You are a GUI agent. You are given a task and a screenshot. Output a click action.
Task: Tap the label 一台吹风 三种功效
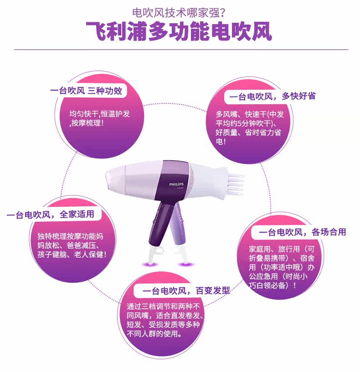86,91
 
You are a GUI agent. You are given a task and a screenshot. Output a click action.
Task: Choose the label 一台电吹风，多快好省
272,96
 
